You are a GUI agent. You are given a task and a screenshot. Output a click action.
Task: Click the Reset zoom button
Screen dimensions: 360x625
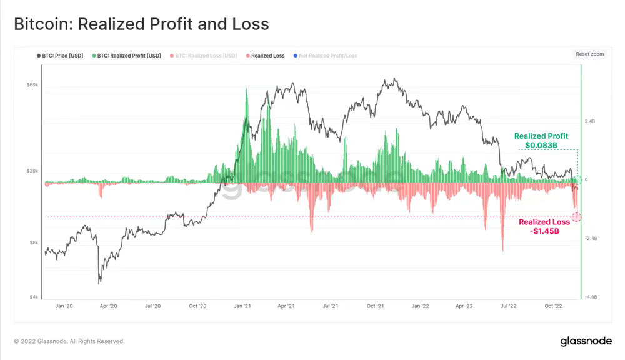(589, 54)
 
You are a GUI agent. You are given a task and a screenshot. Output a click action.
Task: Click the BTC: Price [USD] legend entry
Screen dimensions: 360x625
(60, 56)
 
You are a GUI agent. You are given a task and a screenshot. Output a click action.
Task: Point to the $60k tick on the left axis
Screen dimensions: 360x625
(32, 84)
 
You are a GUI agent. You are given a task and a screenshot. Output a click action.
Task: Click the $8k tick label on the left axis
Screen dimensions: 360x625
(33, 242)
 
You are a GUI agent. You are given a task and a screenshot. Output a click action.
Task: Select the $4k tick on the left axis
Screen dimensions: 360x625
(33, 297)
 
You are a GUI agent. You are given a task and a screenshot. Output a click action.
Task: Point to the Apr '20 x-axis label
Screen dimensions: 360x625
(109, 306)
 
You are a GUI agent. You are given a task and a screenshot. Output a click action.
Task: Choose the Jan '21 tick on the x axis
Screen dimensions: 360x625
(242, 306)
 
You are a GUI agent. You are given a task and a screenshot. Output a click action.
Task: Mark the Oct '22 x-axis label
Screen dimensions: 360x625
(554, 306)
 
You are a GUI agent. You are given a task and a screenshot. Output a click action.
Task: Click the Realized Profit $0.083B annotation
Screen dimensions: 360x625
(541, 141)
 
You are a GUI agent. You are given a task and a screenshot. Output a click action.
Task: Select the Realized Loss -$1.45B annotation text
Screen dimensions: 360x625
(544, 226)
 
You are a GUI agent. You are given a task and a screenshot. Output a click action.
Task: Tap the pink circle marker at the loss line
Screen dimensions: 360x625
(576, 217)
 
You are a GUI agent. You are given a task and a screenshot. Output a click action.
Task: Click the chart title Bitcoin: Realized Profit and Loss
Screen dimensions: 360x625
(141, 24)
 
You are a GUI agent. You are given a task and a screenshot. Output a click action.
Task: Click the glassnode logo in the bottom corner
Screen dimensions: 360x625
(585, 341)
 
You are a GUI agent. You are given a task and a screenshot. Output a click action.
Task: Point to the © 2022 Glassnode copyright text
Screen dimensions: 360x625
(69, 341)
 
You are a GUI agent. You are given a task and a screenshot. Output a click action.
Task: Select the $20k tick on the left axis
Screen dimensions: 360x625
(32, 171)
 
